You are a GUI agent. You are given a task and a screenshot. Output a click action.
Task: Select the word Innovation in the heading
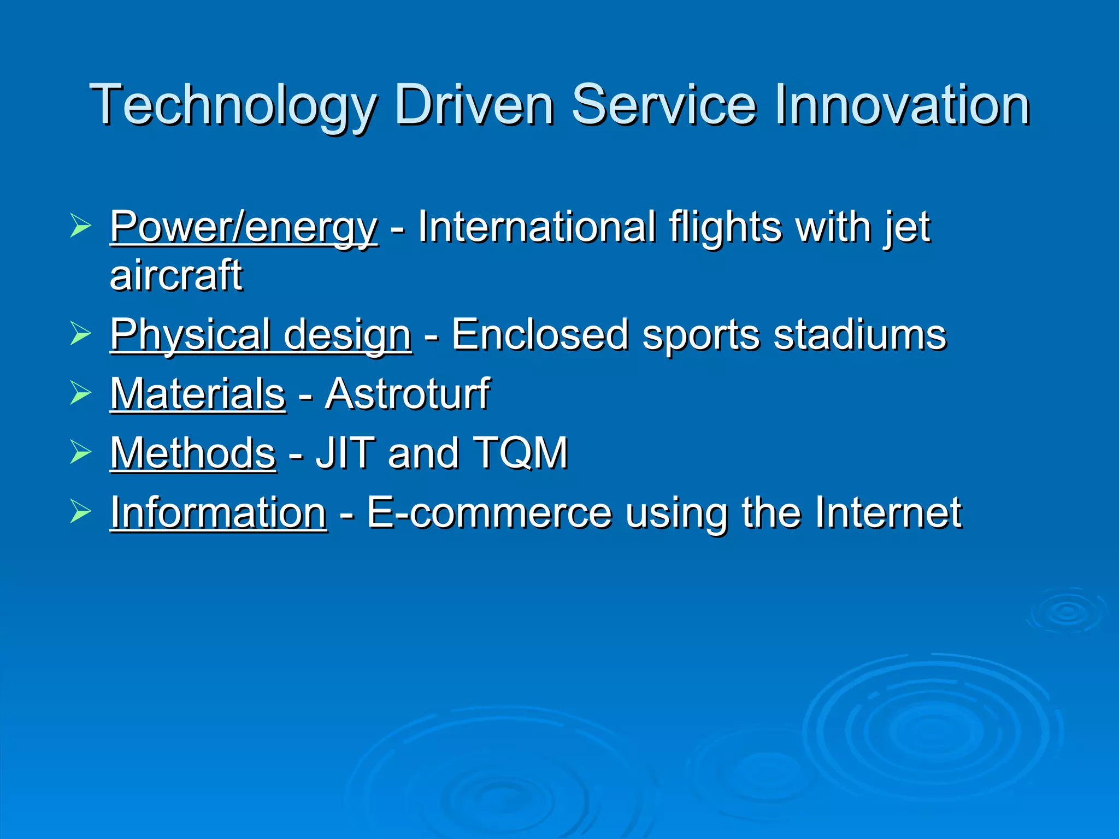pos(901,104)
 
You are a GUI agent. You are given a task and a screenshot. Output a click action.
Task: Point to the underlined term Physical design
pos(261,335)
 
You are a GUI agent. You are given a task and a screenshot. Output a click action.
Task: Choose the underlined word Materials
pos(198,394)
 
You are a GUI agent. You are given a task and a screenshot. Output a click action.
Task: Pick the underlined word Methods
pos(193,453)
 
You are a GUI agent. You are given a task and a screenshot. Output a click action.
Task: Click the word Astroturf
pos(408,394)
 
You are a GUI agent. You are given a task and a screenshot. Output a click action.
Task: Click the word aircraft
pos(176,275)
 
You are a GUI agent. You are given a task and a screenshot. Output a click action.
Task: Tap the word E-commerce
pos(488,512)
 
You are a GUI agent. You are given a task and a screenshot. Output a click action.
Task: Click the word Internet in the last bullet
pos(888,512)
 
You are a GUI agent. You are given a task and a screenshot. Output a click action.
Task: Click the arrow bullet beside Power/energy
pos(80,226)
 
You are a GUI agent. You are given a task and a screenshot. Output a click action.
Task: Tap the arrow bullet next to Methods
pos(80,452)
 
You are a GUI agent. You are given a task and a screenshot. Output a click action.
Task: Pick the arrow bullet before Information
pos(80,511)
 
